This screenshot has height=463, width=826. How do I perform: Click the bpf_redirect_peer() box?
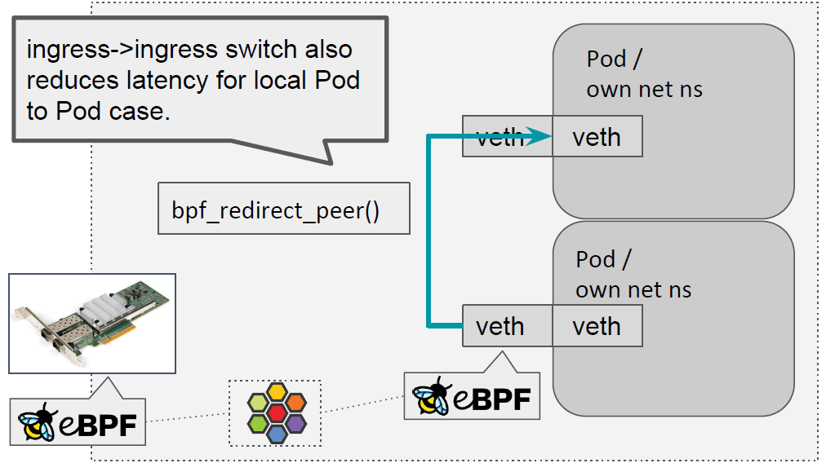coord(283,210)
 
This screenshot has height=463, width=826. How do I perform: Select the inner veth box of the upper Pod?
coord(596,137)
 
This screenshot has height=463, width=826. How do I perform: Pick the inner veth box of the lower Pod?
coord(596,326)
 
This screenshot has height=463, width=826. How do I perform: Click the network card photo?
coord(91,324)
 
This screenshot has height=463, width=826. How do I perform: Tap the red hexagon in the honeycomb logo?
coord(276,412)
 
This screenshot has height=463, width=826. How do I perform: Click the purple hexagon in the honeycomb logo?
coord(295,423)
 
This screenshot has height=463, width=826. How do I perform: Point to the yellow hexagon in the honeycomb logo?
coord(276,391)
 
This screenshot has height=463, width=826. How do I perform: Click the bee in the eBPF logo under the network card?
coord(36,421)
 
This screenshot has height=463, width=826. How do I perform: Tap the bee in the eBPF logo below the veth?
coord(431,396)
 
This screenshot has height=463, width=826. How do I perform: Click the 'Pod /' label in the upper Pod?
coord(606,59)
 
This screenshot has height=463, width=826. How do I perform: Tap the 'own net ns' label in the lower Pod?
coord(633,289)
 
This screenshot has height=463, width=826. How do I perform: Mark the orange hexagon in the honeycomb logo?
coord(295,402)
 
